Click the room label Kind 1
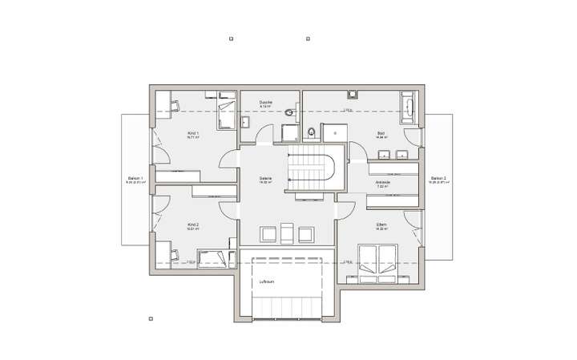click(x=192, y=133)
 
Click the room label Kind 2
click(x=192, y=225)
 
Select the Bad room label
click(x=381, y=133)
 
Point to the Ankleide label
click(x=383, y=182)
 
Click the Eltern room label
click(x=382, y=225)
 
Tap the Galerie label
click(x=265, y=180)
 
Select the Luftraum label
click(x=267, y=281)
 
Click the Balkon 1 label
click(x=134, y=180)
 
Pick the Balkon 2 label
click(x=438, y=180)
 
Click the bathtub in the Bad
click(x=410, y=107)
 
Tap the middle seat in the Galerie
click(x=285, y=233)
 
